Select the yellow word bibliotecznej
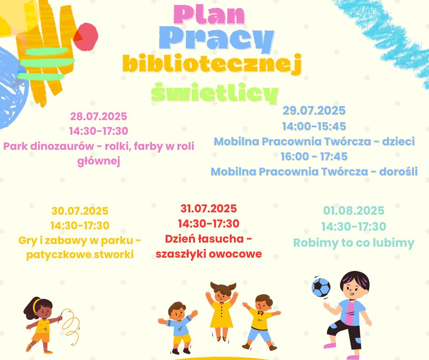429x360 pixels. [212, 64]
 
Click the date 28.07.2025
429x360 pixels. [99, 116]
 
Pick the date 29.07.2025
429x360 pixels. [314, 111]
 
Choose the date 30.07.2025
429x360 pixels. [80, 211]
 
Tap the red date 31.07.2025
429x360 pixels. [209, 208]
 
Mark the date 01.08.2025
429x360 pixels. [354, 211]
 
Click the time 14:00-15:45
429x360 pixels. [314, 126]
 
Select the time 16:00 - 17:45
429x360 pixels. [314, 156]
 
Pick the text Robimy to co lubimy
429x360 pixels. [354, 243]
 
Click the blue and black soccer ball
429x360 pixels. [321, 287]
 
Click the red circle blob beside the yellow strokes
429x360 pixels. [86, 36]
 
